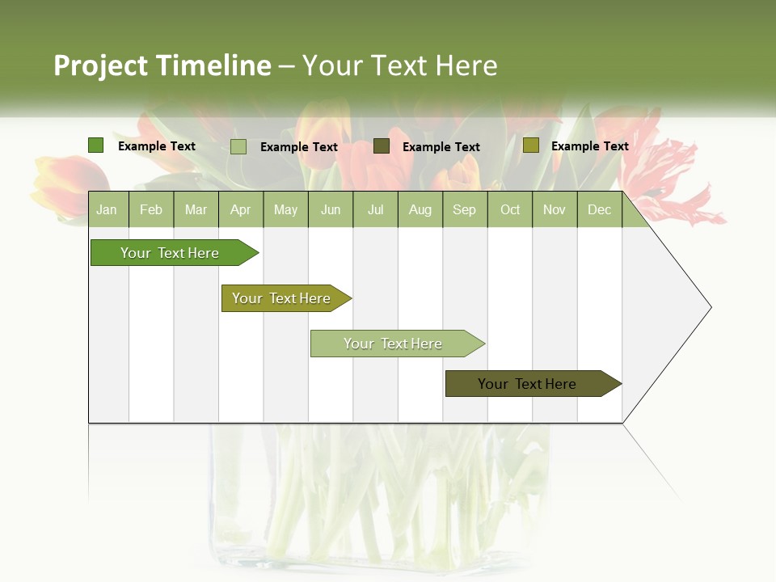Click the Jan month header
(x=107, y=209)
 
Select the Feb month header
(x=151, y=209)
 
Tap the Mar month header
(x=196, y=209)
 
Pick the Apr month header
(x=241, y=209)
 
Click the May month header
(x=285, y=209)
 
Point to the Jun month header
(x=331, y=209)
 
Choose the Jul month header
(x=375, y=209)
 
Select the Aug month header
(x=420, y=209)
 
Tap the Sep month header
(x=465, y=209)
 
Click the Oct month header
(x=510, y=209)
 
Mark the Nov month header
(x=555, y=209)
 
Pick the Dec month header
(x=600, y=209)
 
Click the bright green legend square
(x=96, y=145)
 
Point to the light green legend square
(x=238, y=146)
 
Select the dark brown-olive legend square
(x=382, y=146)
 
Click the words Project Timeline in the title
(x=162, y=65)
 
